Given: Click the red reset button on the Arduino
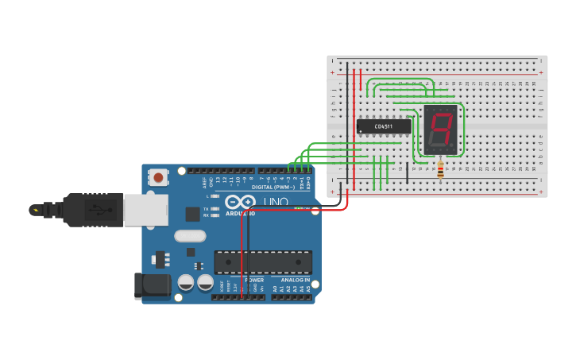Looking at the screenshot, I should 159,177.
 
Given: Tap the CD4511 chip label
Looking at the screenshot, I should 384,126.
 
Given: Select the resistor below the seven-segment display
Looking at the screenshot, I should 440,169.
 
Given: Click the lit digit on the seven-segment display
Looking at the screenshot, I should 441,130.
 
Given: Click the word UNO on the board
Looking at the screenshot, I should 276,203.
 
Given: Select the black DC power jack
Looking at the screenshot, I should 151,285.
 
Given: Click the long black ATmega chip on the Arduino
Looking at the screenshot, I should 263,262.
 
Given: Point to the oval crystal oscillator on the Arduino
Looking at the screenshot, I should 190,235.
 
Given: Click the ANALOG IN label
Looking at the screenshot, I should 294,280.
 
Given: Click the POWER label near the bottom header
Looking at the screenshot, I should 254,280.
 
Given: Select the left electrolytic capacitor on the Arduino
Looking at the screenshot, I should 186,282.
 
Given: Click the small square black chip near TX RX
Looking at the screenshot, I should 192,213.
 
